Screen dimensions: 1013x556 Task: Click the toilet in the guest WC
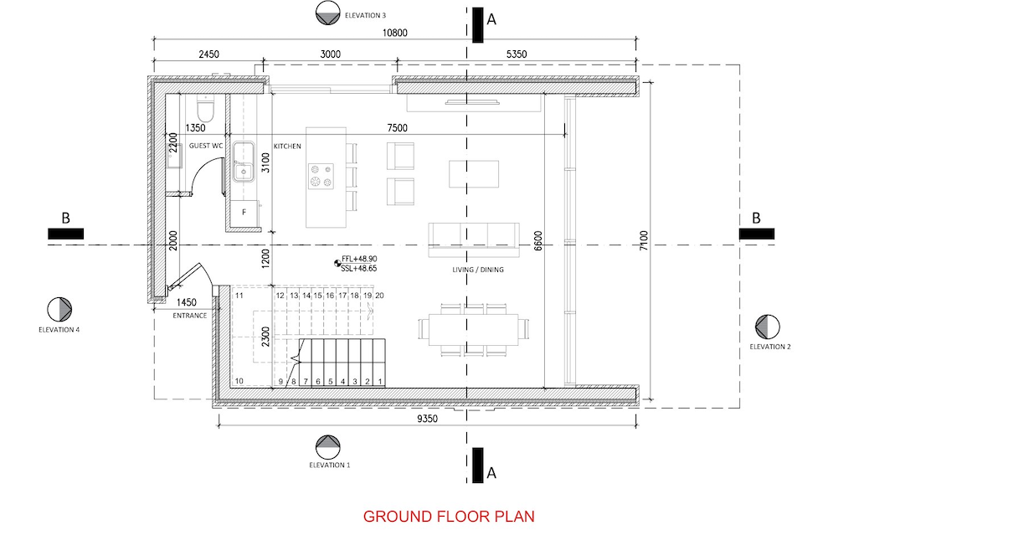[206, 108]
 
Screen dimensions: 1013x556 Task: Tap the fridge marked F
[244, 213]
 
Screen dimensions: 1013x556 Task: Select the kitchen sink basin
[244, 162]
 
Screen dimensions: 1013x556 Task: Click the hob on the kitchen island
[321, 176]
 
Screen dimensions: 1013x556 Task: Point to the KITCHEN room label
[287, 147]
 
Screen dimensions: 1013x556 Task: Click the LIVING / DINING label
[478, 270]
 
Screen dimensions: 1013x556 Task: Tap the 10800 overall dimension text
[395, 33]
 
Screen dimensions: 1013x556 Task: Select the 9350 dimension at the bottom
[427, 419]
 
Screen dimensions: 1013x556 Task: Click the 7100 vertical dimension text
[644, 240]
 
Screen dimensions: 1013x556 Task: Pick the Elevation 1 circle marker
[328, 447]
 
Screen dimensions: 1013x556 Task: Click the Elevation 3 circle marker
[328, 13]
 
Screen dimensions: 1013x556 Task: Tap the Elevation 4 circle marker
[59, 310]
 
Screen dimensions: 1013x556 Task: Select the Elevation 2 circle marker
[768, 327]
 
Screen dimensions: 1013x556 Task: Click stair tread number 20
[379, 296]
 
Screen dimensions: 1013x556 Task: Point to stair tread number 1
[380, 381]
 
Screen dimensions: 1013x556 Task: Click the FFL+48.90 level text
[359, 259]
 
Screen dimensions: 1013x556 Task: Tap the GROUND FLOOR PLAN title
[449, 517]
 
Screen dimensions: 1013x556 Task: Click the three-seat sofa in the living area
[474, 239]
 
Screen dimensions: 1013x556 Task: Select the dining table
[474, 329]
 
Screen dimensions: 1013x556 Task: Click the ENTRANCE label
[190, 316]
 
